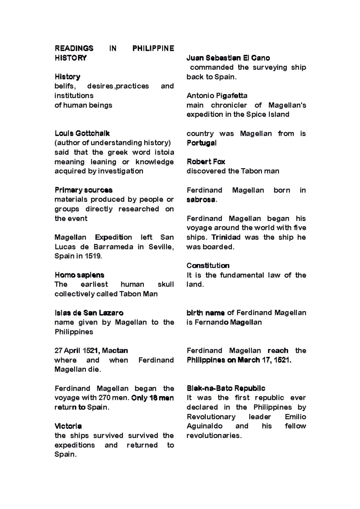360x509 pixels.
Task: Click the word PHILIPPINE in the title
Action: click(x=153, y=48)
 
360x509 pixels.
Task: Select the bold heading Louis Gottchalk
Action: click(x=82, y=133)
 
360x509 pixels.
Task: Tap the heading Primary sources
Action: click(x=83, y=190)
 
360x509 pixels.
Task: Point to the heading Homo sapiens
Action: click(x=79, y=275)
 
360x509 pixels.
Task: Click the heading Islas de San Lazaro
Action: click(x=89, y=313)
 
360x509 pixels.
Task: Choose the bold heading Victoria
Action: click(x=68, y=426)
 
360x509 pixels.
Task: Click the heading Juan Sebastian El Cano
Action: click(x=228, y=58)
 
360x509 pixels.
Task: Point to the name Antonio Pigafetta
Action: click(x=217, y=96)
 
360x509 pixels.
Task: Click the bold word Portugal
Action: click(x=201, y=143)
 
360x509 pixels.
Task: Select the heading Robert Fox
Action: click(x=206, y=162)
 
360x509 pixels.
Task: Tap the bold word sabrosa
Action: click(x=201, y=200)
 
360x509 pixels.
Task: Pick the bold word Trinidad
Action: click(x=226, y=237)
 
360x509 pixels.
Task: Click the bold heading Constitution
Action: click(x=208, y=266)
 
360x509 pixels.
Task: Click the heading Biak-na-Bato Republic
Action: click(x=226, y=388)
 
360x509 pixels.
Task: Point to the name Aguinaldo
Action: click(x=205, y=426)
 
